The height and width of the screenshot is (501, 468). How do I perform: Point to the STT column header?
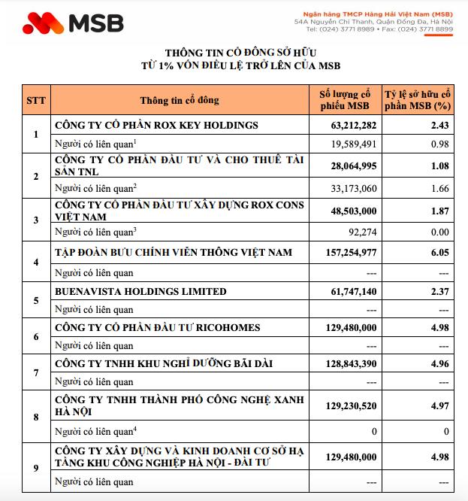point(35,101)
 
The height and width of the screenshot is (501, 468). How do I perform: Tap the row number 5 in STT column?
point(35,300)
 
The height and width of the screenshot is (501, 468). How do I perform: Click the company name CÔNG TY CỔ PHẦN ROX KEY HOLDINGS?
point(156,125)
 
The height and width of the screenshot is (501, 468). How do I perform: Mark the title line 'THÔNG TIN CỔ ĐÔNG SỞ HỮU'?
point(234,53)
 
